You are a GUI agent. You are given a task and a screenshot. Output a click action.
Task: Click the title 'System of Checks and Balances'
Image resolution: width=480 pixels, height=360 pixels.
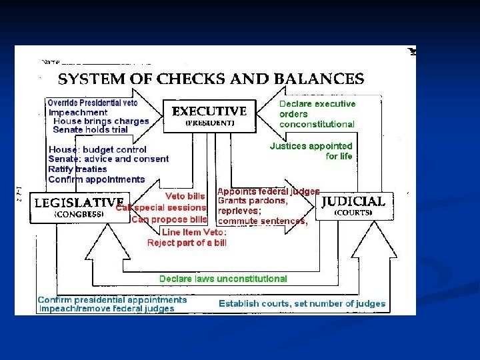(x=211, y=79)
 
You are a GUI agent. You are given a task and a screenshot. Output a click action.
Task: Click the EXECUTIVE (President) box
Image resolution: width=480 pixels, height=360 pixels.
(x=209, y=115)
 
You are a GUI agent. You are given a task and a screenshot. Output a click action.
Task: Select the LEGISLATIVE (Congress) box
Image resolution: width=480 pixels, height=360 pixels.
(x=79, y=207)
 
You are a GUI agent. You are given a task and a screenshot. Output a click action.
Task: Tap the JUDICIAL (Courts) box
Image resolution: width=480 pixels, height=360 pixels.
(x=353, y=205)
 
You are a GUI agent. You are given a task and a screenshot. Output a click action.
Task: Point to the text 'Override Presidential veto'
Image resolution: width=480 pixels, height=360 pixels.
(x=93, y=103)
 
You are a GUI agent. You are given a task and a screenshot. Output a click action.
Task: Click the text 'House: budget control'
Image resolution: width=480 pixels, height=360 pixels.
(x=97, y=149)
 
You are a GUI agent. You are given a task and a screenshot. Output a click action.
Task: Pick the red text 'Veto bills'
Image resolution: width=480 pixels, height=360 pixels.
(x=185, y=196)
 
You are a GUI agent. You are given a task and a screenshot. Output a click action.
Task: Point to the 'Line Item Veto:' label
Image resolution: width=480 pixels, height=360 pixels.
(x=194, y=232)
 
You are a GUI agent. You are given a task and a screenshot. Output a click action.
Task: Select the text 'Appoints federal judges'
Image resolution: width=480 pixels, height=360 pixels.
(x=269, y=191)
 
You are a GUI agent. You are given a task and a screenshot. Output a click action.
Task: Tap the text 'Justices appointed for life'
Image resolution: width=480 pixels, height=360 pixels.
(x=311, y=151)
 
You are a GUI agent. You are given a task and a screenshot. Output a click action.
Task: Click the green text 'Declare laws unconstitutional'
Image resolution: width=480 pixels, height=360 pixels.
(x=223, y=279)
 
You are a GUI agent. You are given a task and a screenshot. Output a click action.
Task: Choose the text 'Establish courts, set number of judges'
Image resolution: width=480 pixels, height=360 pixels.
(x=302, y=303)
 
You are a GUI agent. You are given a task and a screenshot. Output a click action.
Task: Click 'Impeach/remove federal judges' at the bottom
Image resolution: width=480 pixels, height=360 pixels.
(x=107, y=309)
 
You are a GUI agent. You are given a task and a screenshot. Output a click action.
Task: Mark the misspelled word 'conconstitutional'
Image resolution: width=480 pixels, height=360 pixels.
(x=317, y=124)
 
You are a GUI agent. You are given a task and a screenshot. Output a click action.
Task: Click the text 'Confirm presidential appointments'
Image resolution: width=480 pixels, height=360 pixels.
(x=112, y=299)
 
